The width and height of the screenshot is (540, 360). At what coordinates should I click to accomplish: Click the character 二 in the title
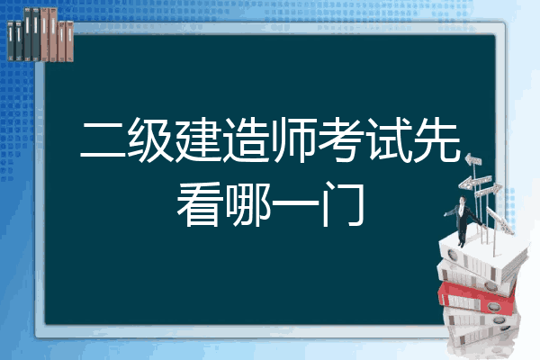103,139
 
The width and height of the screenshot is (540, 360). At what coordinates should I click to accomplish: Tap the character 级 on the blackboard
150,139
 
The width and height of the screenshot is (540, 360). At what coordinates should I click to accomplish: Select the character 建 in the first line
198,139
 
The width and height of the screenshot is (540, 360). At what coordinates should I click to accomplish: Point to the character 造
246,139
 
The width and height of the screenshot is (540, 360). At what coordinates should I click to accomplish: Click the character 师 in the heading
293,139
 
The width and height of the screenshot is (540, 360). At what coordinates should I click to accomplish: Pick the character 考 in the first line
341,139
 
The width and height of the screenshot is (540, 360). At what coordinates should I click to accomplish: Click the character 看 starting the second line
199,204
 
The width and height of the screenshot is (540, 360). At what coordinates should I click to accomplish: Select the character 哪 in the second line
247,204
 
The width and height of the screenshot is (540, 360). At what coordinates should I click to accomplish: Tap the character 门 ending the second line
342,204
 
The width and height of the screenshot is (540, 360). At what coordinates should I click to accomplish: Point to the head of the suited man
463,200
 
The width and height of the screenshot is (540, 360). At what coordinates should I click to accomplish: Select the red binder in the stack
476,297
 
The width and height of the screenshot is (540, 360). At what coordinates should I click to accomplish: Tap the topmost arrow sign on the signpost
473,160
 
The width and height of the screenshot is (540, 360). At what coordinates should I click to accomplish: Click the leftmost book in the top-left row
11,41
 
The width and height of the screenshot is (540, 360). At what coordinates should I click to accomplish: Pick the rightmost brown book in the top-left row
70,41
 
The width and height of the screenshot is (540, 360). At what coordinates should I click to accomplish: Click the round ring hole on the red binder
493,306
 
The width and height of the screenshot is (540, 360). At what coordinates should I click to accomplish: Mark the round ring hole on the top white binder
452,255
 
